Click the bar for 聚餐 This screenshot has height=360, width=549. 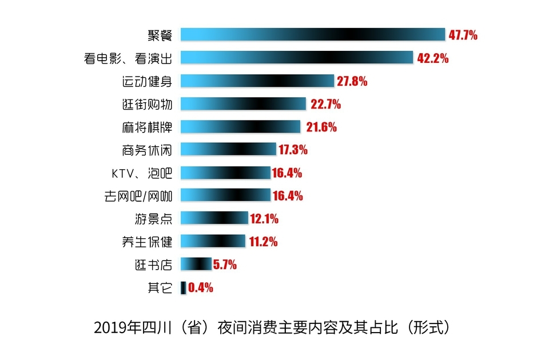(313, 34)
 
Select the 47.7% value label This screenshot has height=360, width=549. (463, 35)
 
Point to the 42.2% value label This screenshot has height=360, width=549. (433, 58)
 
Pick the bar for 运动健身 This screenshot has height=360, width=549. (257, 81)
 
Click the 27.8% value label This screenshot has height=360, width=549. (352, 81)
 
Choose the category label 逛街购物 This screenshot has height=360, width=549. (147, 103)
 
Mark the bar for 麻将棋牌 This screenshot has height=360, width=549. (241, 126)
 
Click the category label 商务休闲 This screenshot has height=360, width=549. (147, 150)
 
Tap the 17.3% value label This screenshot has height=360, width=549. (293, 150)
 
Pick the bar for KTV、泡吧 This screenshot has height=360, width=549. (226, 173)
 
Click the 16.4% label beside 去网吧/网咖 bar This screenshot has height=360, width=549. (288, 196)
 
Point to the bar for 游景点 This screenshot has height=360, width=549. (214, 218)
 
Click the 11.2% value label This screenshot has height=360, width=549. (263, 242)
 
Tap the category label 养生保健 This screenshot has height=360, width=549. (147, 241)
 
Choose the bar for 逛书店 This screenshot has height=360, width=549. (196, 264)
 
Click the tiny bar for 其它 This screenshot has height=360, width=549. (183, 287)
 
